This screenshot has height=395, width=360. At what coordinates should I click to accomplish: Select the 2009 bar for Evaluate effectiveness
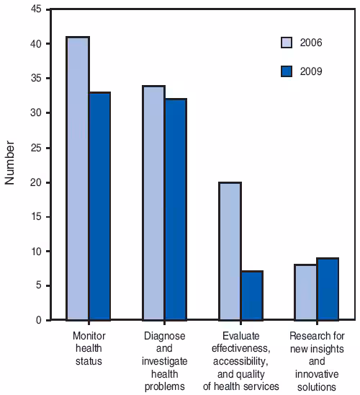point(252,296)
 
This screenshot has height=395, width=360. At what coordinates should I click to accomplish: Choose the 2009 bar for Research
point(328,288)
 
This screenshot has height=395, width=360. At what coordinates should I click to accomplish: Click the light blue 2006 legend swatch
point(287,43)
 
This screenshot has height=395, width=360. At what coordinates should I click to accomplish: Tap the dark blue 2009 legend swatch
point(287,71)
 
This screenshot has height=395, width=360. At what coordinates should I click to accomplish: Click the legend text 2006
point(311,43)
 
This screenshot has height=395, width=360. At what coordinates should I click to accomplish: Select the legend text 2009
point(311,71)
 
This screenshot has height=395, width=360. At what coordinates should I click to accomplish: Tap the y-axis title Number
point(10,164)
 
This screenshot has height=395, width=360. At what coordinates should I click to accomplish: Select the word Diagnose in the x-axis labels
point(165,336)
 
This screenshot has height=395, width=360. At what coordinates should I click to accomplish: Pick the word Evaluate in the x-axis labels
point(241,336)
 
